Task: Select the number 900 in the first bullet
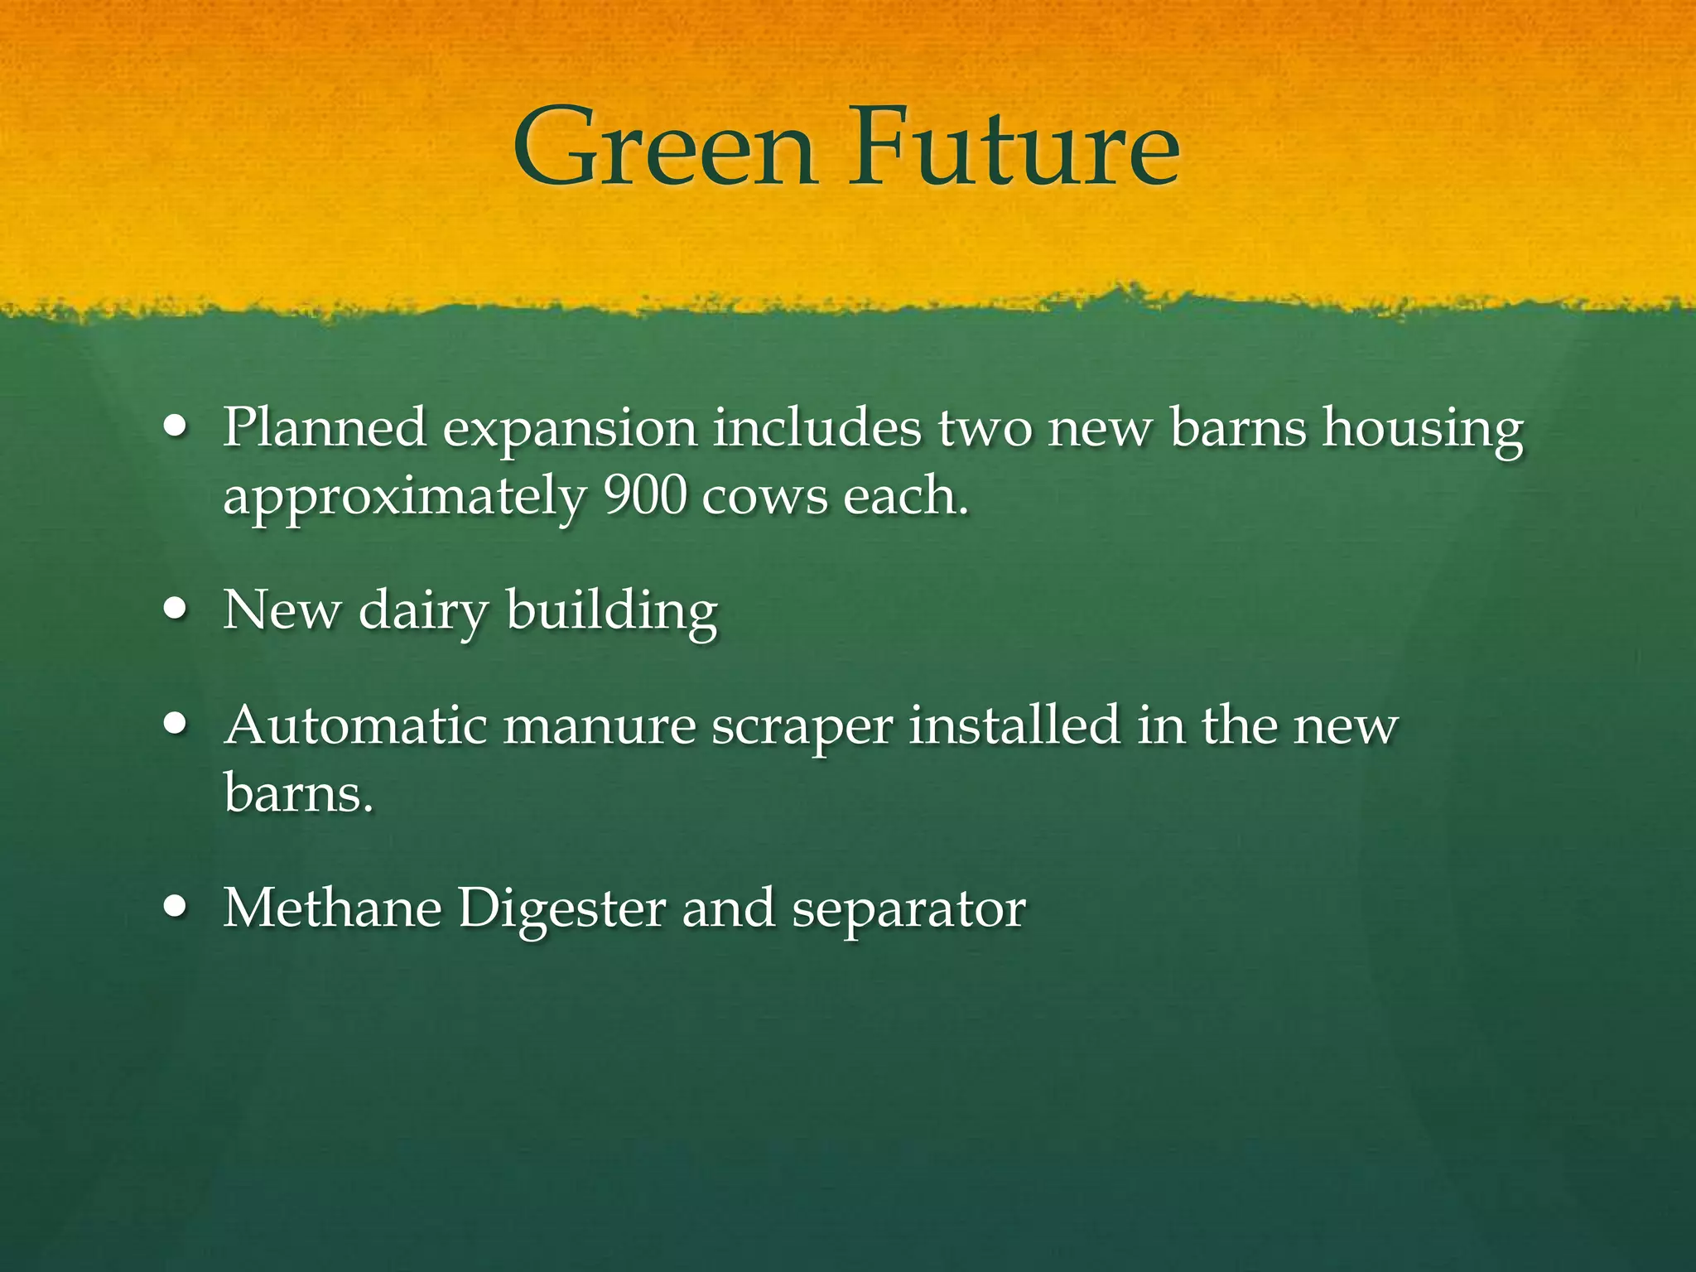[645, 496]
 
